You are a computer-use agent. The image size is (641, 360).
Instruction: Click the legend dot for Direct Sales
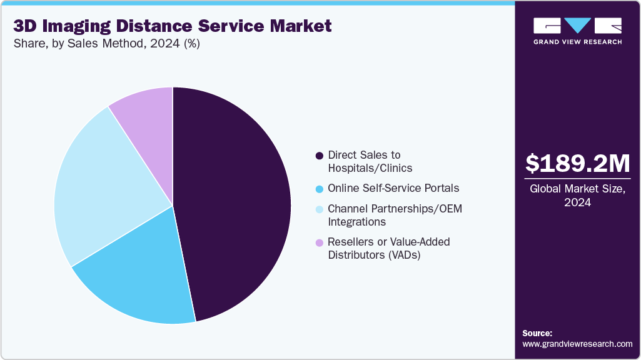[320, 155]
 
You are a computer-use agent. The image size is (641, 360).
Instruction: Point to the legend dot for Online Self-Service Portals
[320, 189]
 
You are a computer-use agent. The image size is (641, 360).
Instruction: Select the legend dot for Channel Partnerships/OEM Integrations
[320, 209]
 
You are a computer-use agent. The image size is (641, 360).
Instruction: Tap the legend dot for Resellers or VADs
[320, 242]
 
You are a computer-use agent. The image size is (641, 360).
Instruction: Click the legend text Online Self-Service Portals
[393, 188]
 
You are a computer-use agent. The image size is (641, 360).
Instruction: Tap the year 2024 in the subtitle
[159, 44]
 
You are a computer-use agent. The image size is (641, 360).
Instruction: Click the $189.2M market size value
[577, 163]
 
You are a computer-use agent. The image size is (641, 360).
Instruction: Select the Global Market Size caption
[577, 196]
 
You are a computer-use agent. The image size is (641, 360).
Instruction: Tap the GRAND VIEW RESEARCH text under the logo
[577, 42]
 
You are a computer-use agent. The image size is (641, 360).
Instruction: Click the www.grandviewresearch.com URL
[577, 344]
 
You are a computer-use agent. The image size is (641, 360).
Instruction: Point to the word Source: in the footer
[537, 333]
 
